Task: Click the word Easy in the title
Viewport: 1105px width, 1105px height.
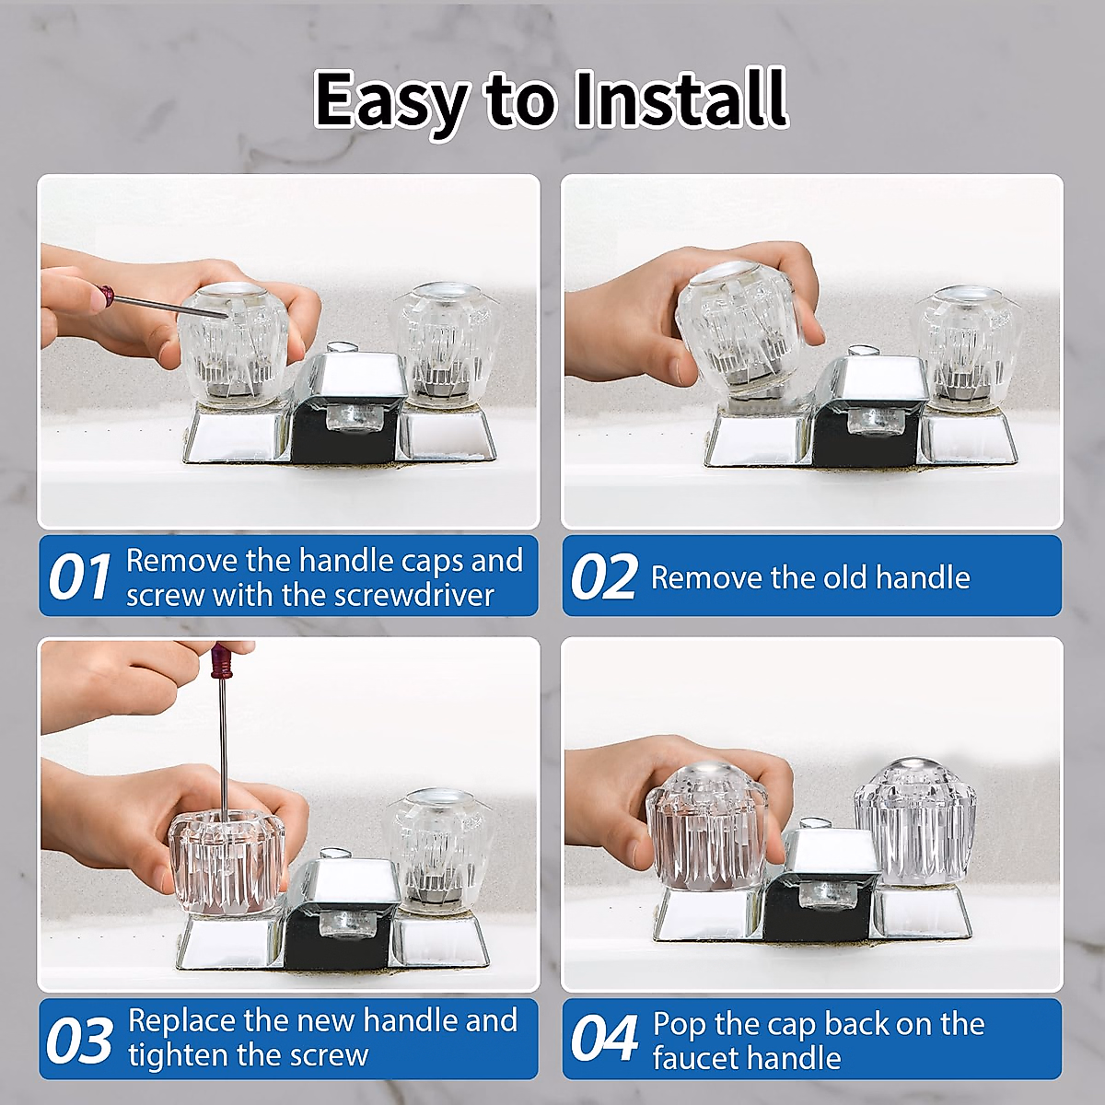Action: tap(391, 99)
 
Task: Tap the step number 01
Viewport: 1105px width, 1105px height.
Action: tap(79, 577)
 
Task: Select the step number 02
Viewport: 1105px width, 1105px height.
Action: tap(603, 577)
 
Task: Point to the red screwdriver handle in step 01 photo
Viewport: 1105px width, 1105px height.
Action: tap(107, 296)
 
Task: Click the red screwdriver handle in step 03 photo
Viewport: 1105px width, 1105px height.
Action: tap(220, 662)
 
